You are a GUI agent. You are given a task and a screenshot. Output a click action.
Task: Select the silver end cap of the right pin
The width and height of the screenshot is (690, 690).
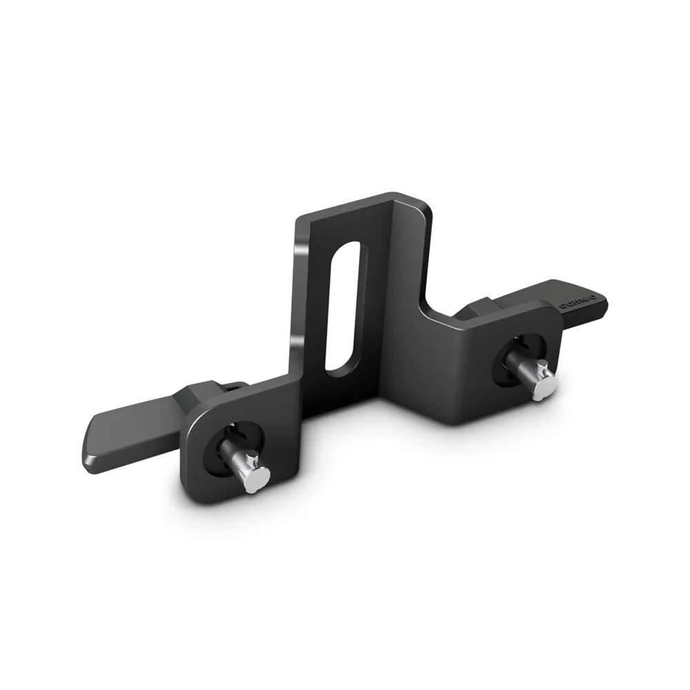(544, 387)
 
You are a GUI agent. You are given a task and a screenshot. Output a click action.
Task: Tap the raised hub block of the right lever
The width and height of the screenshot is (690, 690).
(476, 307)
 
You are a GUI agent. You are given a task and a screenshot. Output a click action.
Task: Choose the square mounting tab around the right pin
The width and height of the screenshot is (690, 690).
(483, 373)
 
